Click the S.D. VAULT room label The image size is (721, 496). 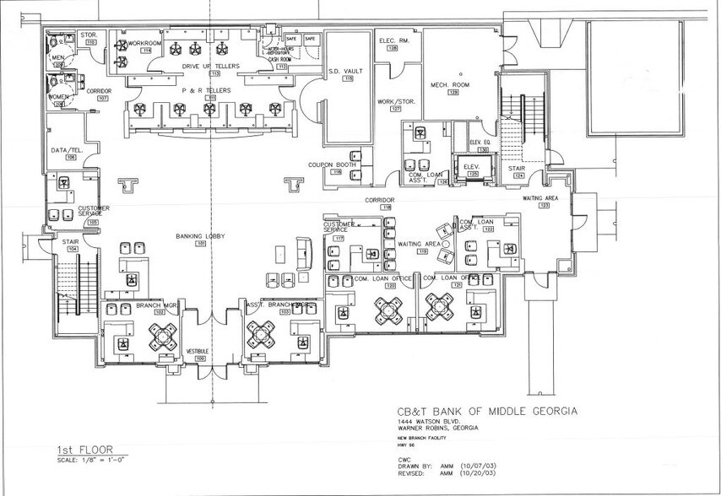click(x=345, y=71)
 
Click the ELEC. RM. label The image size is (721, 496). click(x=393, y=40)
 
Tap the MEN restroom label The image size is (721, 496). click(x=59, y=57)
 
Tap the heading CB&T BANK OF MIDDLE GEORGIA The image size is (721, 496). click(x=487, y=412)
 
